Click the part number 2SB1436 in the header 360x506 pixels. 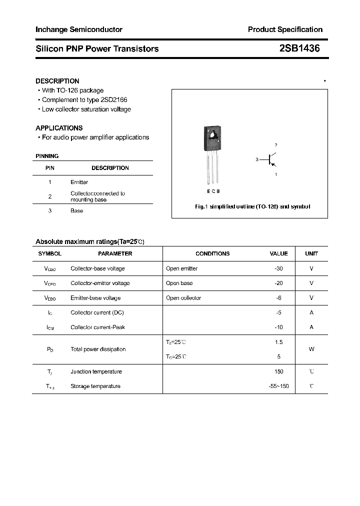[x=299, y=48]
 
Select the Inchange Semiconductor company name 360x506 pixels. [x=79, y=29]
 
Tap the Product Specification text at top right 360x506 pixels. [x=285, y=29]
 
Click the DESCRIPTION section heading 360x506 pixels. [x=57, y=81]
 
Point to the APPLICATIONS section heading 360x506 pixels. [x=59, y=128]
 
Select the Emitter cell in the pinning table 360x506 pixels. [x=79, y=182]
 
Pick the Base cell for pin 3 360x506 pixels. [x=76, y=211]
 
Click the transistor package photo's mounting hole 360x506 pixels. [x=212, y=134]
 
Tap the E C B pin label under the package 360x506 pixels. [x=212, y=191]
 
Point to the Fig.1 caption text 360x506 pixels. [x=252, y=206]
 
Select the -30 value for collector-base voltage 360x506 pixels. [x=278, y=268]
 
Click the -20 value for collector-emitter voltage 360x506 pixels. [x=278, y=283]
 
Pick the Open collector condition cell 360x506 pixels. [x=183, y=298]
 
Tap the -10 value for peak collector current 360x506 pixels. [x=278, y=327]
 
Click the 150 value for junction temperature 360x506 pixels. [x=278, y=371]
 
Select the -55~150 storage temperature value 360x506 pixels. [x=278, y=386]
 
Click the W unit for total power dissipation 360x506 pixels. [x=311, y=349]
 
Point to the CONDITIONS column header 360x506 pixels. [x=212, y=254]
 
